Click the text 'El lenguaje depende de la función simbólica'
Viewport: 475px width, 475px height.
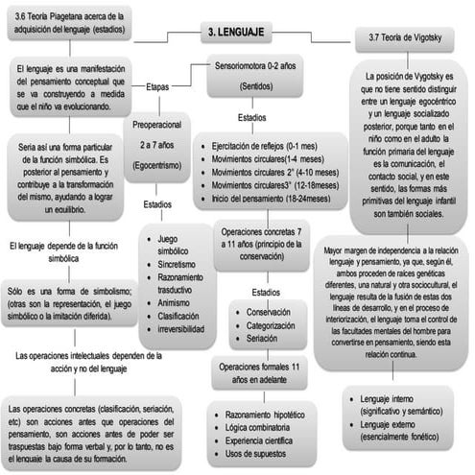tap(62, 252)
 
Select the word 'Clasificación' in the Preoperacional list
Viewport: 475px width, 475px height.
tap(185, 314)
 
